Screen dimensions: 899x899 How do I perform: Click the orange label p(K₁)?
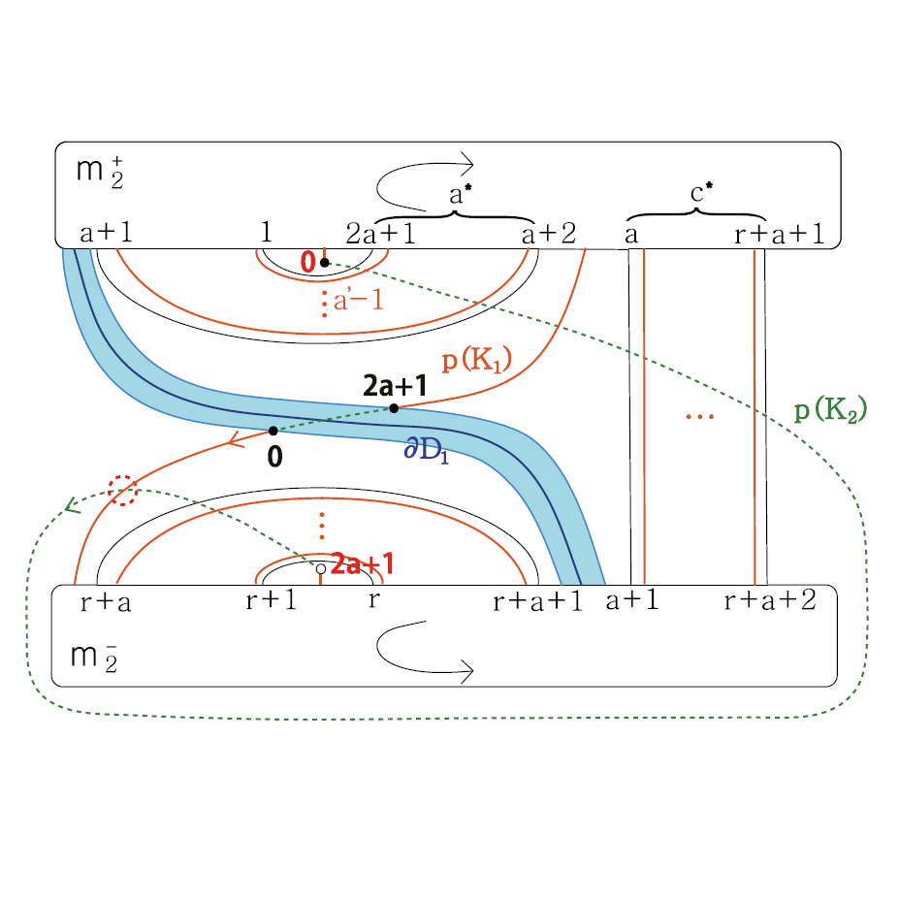(476, 362)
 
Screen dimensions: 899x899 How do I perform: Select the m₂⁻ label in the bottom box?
(98, 656)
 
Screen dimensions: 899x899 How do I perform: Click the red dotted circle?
(123, 490)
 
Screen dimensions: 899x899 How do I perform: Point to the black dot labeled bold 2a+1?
(394, 408)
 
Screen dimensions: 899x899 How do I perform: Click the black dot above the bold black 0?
(273, 431)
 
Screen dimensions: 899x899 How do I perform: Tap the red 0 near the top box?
(307, 261)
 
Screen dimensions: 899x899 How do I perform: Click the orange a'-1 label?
(358, 301)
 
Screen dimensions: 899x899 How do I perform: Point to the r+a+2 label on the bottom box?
(770, 600)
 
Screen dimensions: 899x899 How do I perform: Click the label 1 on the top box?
(267, 233)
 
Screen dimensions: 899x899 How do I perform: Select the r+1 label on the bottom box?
(271, 600)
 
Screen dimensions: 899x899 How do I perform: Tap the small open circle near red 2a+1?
(321, 568)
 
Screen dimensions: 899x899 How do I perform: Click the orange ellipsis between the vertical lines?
(699, 417)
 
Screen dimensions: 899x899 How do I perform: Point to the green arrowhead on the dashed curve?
(69, 504)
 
